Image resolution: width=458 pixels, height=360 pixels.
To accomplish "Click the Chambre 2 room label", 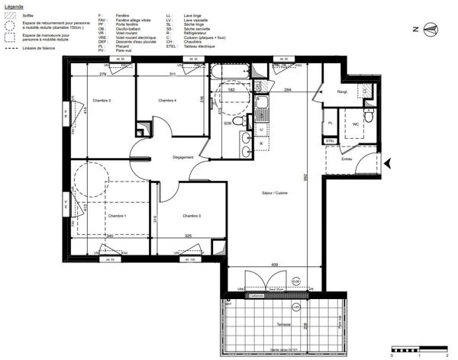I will (102, 101).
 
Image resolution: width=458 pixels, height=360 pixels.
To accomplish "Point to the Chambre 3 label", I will (192, 217).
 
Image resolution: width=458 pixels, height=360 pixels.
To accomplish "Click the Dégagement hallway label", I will (183, 157).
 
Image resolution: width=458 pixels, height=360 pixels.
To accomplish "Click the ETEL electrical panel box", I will (331, 141).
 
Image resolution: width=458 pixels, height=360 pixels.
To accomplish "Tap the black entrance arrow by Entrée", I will (386, 163).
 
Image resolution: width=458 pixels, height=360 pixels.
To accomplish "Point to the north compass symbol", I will (432, 30).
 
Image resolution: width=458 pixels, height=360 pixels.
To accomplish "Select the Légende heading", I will (15, 5).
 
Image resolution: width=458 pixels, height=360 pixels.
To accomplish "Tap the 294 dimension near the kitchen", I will (289, 90).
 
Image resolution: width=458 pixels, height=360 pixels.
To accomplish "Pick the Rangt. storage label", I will (342, 92).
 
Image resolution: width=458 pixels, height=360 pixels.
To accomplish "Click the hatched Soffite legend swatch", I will (11, 15).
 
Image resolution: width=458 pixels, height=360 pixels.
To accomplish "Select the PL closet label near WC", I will (331, 123).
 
